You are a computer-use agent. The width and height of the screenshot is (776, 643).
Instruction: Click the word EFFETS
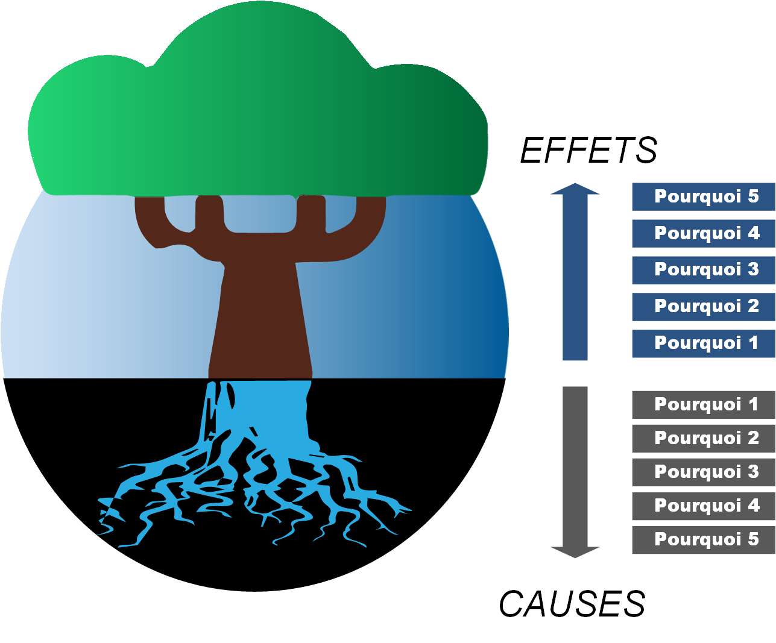pyautogui.click(x=588, y=150)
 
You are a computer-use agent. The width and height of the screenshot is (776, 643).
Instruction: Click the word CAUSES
pyautogui.click(x=572, y=604)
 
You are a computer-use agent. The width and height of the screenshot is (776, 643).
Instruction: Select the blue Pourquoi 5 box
pyautogui.click(x=703, y=196)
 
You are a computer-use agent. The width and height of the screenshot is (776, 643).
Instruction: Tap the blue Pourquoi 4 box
pyautogui.click(x=703, y=233)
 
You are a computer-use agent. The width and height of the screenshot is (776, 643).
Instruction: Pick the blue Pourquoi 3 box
pyautogui.click(x=703, y=270)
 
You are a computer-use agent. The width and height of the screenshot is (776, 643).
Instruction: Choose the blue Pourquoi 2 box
pyautogui.click(x=703, y=307)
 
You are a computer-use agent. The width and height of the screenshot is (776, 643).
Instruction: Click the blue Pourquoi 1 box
pyautogui.click(x=703, y=343)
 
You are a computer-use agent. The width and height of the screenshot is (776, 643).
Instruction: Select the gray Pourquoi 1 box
pyautogui.click(x=703, y=404)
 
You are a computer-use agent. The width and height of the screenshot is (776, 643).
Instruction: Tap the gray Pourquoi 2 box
pyautogui.click(x=703, y=438)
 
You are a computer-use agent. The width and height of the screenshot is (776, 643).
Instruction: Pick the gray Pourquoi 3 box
pyautogui.click(x=703, y=472)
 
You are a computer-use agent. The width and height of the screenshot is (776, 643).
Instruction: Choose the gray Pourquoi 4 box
pyautogui.click(x=703, y=506)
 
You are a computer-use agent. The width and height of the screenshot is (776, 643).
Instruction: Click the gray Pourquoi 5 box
pyautogui.click(x=703, y=539)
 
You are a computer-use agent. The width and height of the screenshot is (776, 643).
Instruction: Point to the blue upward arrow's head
pyautogui.click(x=575, y=189)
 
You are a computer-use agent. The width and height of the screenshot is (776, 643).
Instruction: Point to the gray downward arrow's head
pyautogui.click(x=575, y=551)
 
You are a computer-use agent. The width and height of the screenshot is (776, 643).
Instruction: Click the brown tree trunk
pyautogui.click(x=260, y=313)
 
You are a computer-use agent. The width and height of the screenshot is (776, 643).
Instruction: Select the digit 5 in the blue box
pyautogui.click(x=753, y=196)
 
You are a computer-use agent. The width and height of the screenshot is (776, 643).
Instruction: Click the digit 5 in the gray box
pyautogui.click(x=753, y=539)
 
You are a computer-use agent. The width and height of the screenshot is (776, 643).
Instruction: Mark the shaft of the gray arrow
pyautogui.click(x=575, y=464)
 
